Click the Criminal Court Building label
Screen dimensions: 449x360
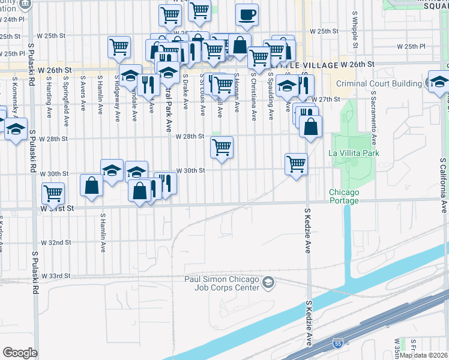pos(379,83)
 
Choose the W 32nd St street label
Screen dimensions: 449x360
pos(56,242)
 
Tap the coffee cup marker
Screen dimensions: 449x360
pos(246,15)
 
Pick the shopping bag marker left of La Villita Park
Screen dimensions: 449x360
pos(310,127)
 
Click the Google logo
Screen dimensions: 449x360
pos(20,353)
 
